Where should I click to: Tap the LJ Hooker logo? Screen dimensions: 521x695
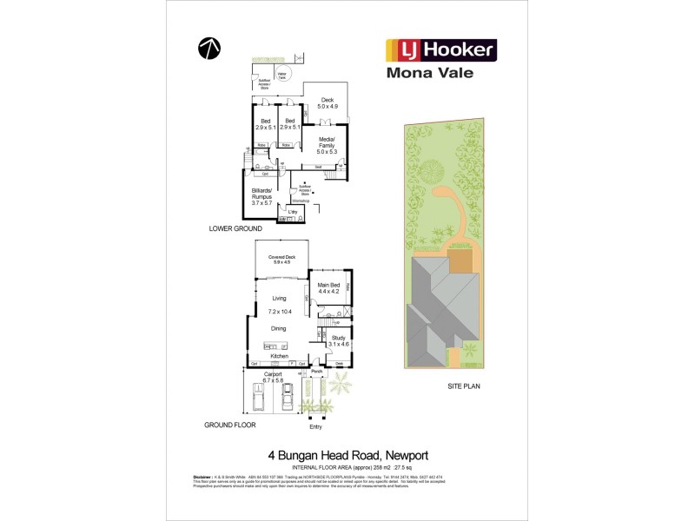click(x=440, y=49)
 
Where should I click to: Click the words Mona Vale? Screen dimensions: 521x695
click(x=430, y=73)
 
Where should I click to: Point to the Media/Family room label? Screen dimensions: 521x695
click(x=327, y=144)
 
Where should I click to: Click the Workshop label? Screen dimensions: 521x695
click(x=301, y=201)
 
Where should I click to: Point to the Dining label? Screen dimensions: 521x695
click(x=279, y=328)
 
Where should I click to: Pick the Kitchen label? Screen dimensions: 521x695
click(x=279, y=357)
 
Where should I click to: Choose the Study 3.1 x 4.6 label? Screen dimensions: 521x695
click(x=338, y=340)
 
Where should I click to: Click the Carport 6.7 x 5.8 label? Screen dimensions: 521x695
click(x=279, y=378)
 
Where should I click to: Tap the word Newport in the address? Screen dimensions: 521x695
click(x=404, y=455)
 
